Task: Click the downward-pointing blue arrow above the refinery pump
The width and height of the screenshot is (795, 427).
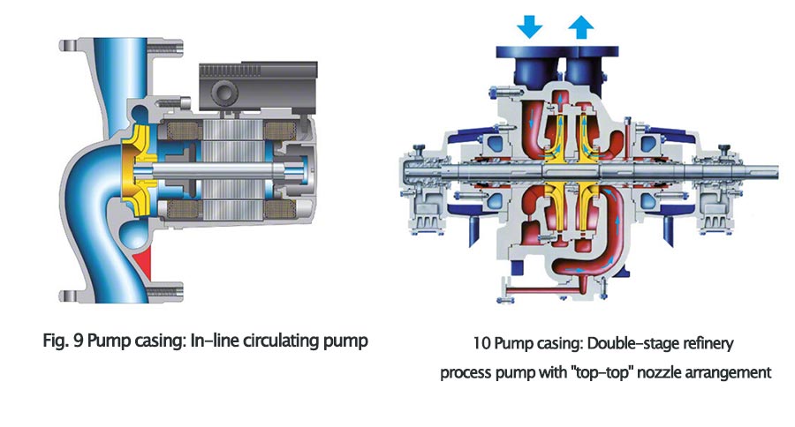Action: (x=529, y=26)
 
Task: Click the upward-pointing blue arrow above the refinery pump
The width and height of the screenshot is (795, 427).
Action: (x=580, y=26)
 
